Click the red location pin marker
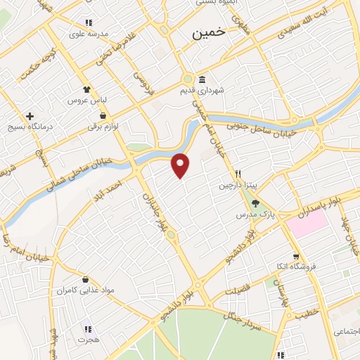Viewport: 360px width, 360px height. [181, 165]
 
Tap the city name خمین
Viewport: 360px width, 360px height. [209, 32]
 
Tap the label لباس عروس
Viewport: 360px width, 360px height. [86, 101]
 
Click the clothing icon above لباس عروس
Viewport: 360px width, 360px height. [86, 89]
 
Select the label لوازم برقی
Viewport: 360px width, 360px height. [103, 127]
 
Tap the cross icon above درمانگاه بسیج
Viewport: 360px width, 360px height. [29, 116]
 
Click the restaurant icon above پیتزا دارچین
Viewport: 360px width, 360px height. [238, 174]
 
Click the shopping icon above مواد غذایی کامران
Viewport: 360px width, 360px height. [85, 278]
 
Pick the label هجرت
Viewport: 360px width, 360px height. [87, 339]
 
